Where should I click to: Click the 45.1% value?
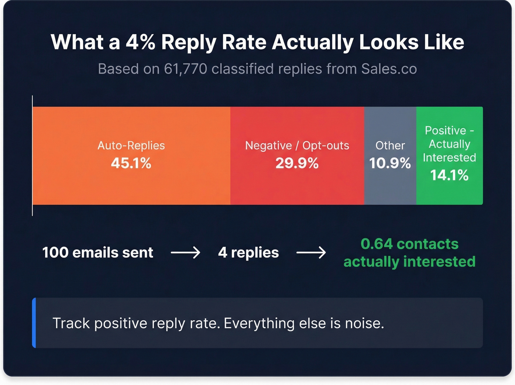pyautogui.click(x=131, y=163)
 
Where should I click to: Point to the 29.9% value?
pyautogui.click(x=297, y=163)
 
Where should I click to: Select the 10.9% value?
pyautogui.click(x=390, y=163)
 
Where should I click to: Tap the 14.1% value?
pyautogui.click(x=449, y=175)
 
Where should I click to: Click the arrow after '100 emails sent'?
pyautogui.click(x=185, y=253)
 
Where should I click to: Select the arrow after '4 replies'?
pyautogui.click(x=311, y=253)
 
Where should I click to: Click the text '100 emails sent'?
pyautogui.click(x=97, y=253)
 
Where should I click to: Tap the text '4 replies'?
pyautogui.click(x=248, y=253)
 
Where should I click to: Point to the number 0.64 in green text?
pyautogui.click(x=377, y=244)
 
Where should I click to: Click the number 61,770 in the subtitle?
pyautogui.click(x=185, y=69)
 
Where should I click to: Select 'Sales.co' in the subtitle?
pyautogui.click(x=389, y=69)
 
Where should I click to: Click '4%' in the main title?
pyautogui.click(x=140, y=42)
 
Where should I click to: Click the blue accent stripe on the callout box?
pyautogui.click(x=34, y=323)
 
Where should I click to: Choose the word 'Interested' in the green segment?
pyautogui.click(x=449, y=158)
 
